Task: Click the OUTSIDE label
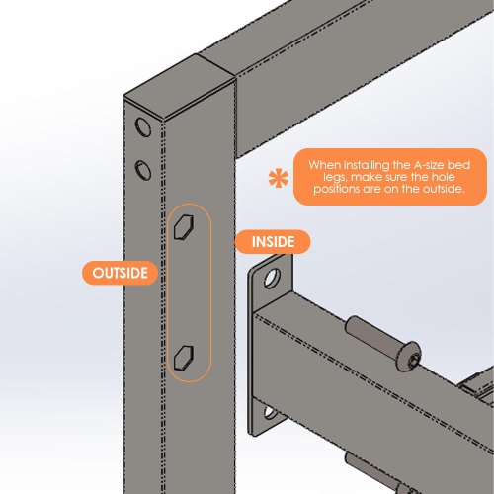(x=120, y=273)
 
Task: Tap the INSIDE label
(x=273, y=242)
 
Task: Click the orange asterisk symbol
(x=279, y=178)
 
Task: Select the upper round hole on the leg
(x=143, y=126)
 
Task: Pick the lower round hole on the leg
(x=143, y=170)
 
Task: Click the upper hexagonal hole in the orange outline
(x=184, y=226)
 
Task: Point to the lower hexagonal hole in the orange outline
(x=184, y=357)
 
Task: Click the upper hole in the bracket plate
(x=273, y=279)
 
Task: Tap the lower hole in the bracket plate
(x=271, y=413)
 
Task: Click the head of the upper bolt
(x=409, y=357)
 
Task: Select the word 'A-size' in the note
(x=428, y=165)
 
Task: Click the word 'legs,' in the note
(x=335, y=177)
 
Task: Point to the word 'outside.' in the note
(x=444, y=189)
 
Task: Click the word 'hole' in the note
(x=443, y=177)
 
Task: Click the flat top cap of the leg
(x=180, y=87)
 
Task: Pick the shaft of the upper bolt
(x=372, y=333)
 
